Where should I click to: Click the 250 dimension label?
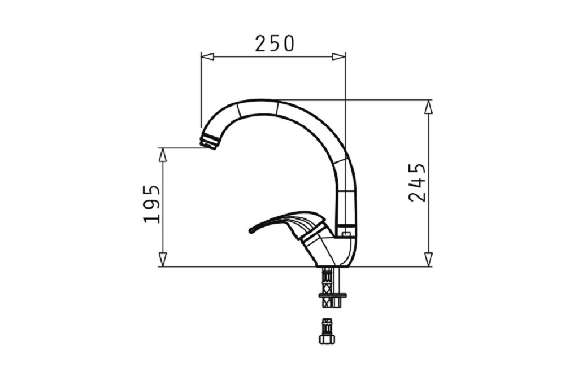coord(275,43)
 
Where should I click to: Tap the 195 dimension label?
coord(151,204)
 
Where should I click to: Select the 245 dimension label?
coord(418,182)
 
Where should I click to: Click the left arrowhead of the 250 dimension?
coord(207,56)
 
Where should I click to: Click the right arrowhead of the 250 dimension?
coord(338,56)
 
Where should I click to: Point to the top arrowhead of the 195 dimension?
coord(163,154)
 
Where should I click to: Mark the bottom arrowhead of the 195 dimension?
coord(163,260)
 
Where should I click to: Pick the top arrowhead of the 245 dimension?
coord(428,107)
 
